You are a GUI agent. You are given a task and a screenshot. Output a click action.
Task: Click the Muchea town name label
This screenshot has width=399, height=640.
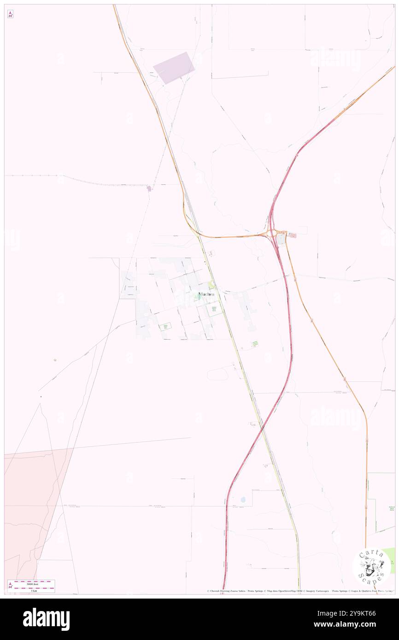[x=206, y=294]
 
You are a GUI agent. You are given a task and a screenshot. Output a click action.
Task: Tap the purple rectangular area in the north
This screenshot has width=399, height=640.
[x=174, y=68]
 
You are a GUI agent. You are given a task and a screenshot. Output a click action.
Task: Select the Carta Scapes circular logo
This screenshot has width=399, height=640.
[x=371, y=566]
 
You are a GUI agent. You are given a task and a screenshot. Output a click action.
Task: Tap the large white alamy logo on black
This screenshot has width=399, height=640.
[x=46, y=619]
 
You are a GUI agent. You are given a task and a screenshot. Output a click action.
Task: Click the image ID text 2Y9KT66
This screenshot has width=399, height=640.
[x=359, y=613]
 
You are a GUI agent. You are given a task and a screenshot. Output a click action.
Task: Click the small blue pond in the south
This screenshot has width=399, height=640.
[x=243, y=500]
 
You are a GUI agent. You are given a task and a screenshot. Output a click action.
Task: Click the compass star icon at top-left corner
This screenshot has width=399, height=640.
[x=10, y=15]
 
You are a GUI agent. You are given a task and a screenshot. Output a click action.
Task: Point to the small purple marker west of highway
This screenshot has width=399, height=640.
[x=149, y=188]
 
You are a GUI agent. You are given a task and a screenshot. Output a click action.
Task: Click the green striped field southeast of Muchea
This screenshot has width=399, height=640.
[x=255, y=343]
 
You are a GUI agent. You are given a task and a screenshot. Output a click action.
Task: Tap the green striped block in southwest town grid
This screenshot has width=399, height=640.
[x=165, y=326]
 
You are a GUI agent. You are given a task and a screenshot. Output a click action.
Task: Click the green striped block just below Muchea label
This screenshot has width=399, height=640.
[x=214, y=310]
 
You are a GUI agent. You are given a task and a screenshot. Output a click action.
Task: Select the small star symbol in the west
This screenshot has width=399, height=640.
[x=55, y=360]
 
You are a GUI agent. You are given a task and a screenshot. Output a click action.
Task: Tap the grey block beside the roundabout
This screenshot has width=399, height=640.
[x=281, y=239]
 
